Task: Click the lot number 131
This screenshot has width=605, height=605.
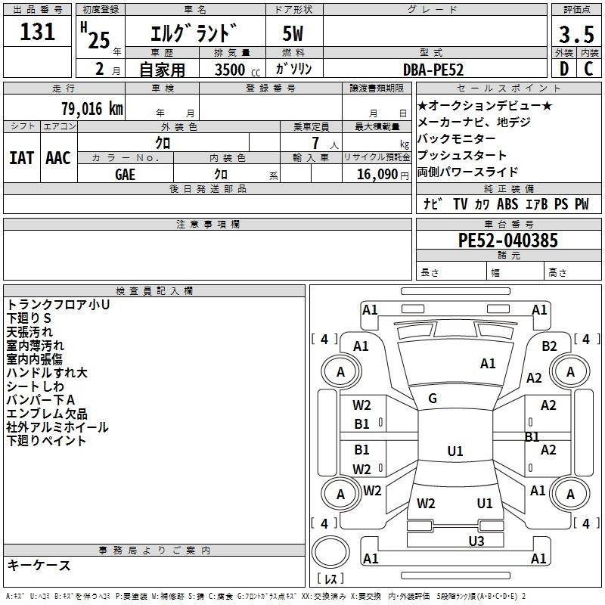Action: point(37,31)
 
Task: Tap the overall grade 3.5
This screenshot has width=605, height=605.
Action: point(576,34)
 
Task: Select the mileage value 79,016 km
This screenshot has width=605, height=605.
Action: point(92,108)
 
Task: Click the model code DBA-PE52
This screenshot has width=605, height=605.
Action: point(433,70)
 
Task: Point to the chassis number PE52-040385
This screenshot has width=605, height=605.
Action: point(507,240)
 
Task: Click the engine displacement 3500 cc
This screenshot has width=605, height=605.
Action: point(237,70)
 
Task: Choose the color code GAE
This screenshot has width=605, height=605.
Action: point(125,175)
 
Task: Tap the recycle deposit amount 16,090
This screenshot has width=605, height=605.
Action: point(377,174)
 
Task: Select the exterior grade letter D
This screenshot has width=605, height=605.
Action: point(564,69)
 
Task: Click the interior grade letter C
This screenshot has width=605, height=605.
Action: point(588,69)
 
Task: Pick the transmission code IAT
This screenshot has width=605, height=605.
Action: point(21,158)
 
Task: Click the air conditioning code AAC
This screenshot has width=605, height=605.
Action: point(58,158)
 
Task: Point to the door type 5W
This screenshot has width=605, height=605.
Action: point(293,33)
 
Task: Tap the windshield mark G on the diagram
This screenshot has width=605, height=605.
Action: point(433,399)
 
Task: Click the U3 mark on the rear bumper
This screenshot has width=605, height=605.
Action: point(476,541)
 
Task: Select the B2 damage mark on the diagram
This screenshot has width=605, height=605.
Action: point(549,346)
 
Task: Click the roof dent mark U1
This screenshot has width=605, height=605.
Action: point(455,451)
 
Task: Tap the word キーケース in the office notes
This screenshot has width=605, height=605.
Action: point(39,565)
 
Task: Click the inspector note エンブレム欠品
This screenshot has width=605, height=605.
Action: point(47,414)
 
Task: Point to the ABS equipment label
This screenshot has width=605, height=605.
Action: point(507,203)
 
